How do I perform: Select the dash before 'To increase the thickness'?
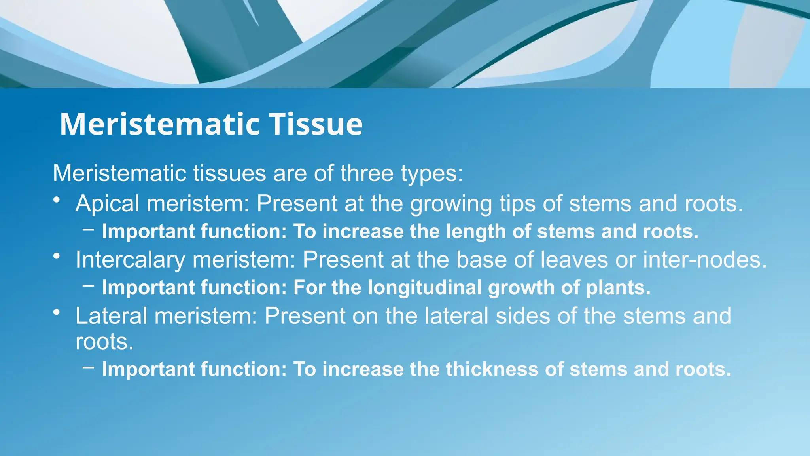tap(89, 367)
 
